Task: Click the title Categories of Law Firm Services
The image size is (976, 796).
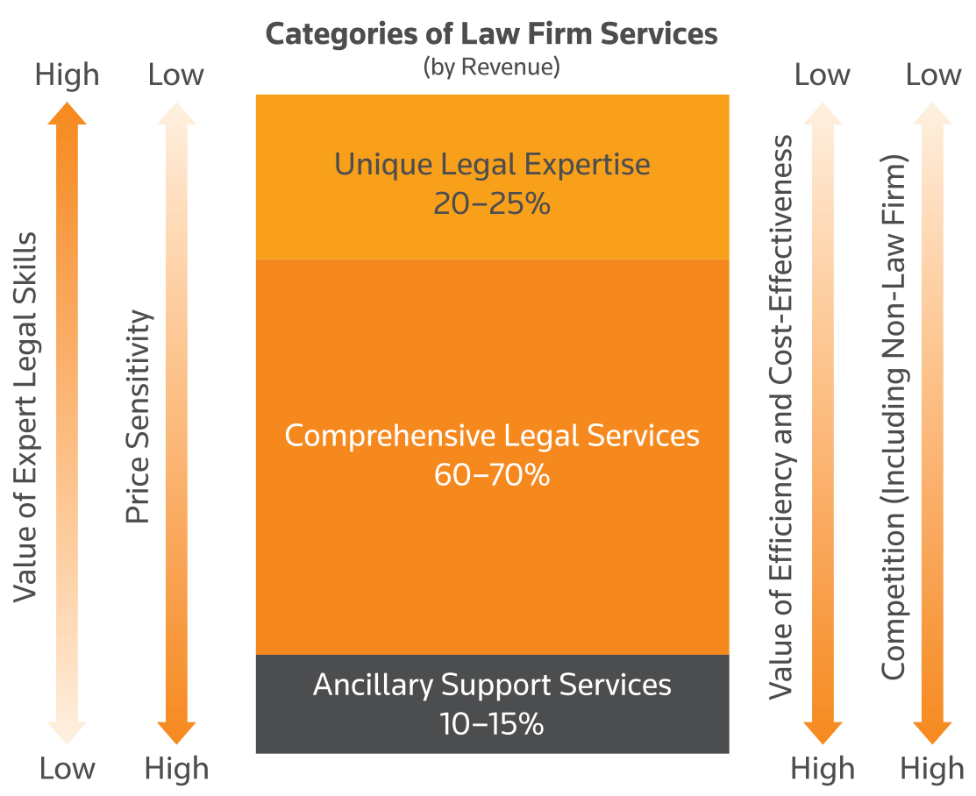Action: click(x=491, y=35)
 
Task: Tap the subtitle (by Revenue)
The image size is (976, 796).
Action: click(x=491, y=67)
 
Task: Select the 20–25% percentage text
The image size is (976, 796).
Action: click(x=492, y=203)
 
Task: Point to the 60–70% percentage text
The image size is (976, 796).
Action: click(x=492, y=475)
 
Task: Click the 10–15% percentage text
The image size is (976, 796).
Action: click(x=492, y=725)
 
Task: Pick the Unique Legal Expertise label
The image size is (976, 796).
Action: click(x=492, y=165)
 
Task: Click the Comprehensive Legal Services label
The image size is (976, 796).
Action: click(x=492, y=436)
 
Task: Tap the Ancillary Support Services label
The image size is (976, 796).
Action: click(x=492, y=685)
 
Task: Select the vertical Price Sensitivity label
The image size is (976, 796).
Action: click(x=138, y=417)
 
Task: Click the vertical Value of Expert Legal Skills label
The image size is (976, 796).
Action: click(x=27, y=417)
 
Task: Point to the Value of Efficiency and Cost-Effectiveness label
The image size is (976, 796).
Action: click(x=780, y=417)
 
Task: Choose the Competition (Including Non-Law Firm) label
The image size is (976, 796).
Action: click(x=893, y=417)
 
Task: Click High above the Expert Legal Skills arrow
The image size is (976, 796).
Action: click(x=67, y=75)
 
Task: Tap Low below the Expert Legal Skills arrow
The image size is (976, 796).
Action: click(x=67, y=769)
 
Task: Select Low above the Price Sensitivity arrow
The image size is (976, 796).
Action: click(x=176, y=75)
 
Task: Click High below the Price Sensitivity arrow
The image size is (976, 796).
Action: click(x=176, y=769)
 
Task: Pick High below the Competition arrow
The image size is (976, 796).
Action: click(x=931, y=769)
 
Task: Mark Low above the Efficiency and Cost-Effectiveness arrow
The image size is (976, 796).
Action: click(x=823, y=75)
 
